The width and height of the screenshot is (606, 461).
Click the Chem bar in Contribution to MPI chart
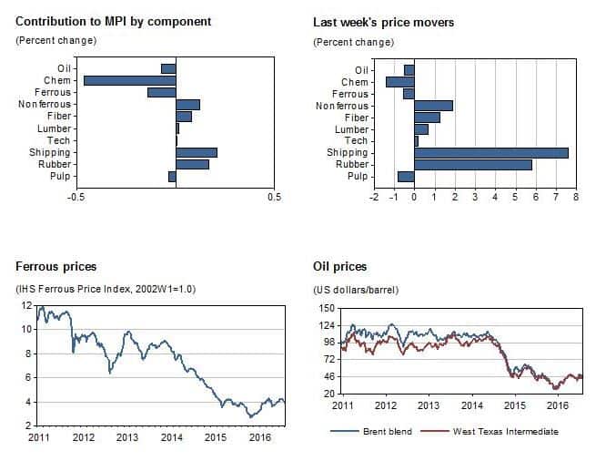pyautogui.click(x=129, y=80)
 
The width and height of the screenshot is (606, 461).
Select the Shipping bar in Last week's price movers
pyautogui.click(x=490, y=152)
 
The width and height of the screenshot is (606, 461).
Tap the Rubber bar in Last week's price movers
pyautogui.click(x=472, y=164)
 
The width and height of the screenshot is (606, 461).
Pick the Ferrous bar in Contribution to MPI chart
pyautogui.click(x=161, y=92)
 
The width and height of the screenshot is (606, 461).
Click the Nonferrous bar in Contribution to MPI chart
pyautogui.click(x=187, y=104)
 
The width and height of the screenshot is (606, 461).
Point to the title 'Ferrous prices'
pyautogui.click(x=56, y=267)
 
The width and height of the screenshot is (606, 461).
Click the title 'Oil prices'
pyautogui.click(x=339, y=267)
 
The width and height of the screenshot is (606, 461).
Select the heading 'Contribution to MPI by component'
pyautogui.click(x=114, y=21)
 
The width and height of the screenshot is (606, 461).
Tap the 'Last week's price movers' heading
pyautogui.click(x=383, y=21)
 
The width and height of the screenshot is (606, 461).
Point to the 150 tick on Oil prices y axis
pyautogui.click(x=326, y=308)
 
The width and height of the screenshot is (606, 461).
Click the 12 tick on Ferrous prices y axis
pyautogui.click(x=28, y=306)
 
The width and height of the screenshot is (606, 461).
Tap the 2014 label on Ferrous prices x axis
pyautogui.click(x=171, y=438)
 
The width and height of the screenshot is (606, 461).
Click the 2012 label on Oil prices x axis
pyautogui.click(x=386, y=405)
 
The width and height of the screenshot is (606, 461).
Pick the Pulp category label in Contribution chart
pyautogui.click(x=61, y=176)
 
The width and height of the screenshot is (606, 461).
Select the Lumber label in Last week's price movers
pyautogui.click(x=353, y=128)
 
